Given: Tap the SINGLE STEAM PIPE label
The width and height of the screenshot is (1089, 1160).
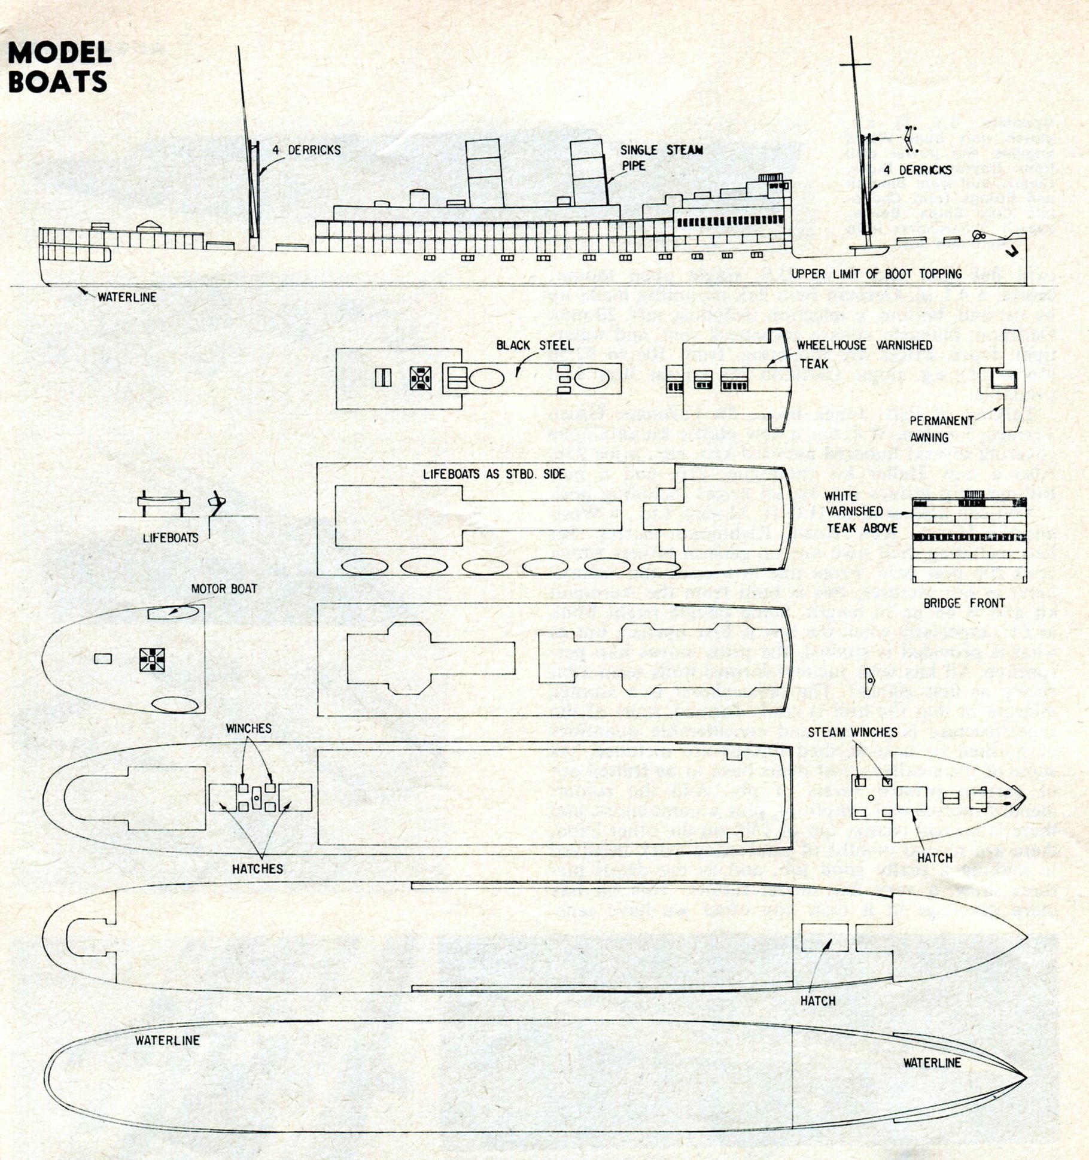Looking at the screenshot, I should (661, 157).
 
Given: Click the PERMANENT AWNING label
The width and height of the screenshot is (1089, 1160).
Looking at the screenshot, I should (941, 429).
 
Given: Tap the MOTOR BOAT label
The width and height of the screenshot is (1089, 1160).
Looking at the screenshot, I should (224, 589).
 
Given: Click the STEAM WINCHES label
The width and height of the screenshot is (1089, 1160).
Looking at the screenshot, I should (853, 732).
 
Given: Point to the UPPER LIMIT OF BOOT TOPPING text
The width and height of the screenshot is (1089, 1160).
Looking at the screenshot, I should (877, 274).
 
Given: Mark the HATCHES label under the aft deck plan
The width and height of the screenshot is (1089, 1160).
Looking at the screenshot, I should (258, 869).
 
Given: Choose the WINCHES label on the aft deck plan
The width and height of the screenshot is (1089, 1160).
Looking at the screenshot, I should (248, 728).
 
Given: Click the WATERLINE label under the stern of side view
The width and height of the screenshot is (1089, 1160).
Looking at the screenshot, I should (127, 297).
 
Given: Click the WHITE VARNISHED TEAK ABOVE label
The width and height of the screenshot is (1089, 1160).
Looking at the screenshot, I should (862, 512).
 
